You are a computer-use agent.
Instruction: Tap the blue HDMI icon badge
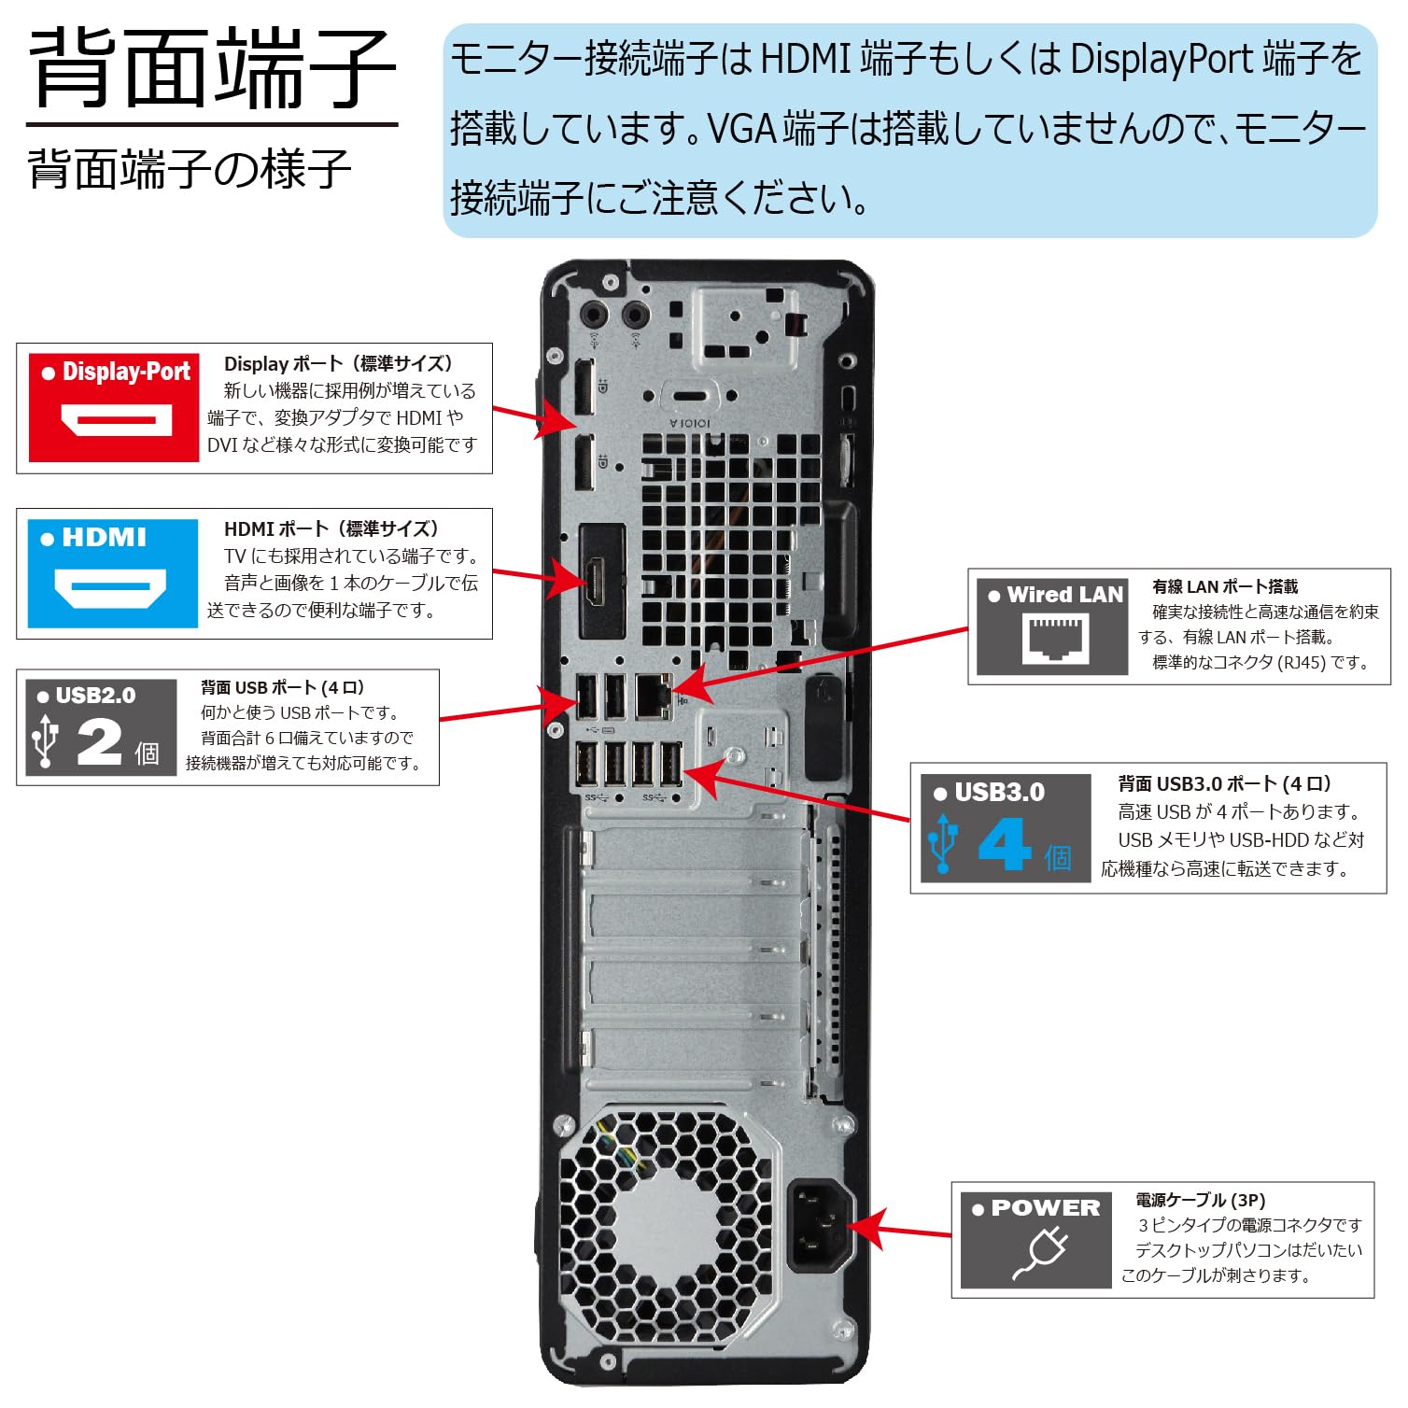click(112, 573)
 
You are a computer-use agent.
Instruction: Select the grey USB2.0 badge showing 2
click(101, 727)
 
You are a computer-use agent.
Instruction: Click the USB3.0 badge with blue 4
click(1005, 827)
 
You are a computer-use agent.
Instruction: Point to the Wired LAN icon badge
click(1051, 627)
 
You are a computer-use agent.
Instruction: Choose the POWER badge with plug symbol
click(1035, 1239)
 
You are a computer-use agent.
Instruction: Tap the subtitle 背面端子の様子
click(190, 169)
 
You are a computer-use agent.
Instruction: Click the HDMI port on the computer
click(597, 581)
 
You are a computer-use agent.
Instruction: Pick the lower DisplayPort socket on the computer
click(584, 462)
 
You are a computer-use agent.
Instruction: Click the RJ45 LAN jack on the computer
click(653, 696)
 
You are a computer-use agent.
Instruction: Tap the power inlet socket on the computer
click(818, 1225)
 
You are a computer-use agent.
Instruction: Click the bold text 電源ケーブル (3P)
click(1200, 1200)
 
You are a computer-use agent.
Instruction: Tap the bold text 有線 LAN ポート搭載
click(1224, 586)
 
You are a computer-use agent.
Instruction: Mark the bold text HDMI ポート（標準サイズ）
click(331, 528)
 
